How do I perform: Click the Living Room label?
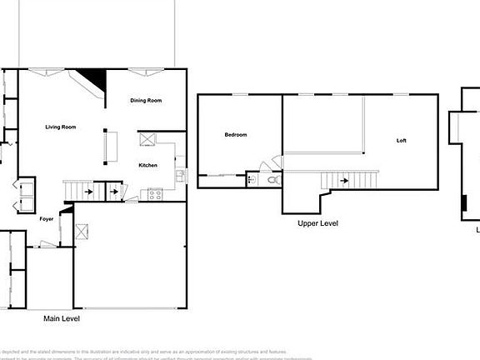61,127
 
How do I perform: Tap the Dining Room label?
146,101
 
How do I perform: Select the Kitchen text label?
148,165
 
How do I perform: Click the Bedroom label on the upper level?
236,134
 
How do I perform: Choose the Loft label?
401,140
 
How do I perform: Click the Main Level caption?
62,317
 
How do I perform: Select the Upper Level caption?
317,223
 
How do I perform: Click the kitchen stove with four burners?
154,195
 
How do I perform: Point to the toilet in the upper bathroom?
272,177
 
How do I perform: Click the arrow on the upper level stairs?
343,177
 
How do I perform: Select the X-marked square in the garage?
82,232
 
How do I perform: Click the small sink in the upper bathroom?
251,177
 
